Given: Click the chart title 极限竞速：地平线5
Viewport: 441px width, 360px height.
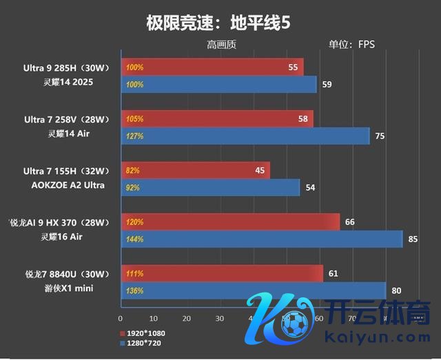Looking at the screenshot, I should point(218,22).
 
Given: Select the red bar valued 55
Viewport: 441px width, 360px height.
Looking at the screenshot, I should point(212,67).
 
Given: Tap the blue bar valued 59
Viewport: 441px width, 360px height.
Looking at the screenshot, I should point(219,85).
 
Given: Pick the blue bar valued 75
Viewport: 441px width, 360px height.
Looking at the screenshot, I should point(245,136).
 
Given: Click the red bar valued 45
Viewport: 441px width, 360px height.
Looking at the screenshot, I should point(196,170).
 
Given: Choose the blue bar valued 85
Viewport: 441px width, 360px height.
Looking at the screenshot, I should point(262,239).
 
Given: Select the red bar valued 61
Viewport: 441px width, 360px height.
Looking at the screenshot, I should point(222,273).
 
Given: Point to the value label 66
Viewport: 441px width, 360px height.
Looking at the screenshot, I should point(350,222).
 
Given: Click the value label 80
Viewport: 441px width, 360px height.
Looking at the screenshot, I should point(396,290).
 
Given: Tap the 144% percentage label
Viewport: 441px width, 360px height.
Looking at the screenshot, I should point(134,240).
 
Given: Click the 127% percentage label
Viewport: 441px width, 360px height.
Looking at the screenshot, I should point(134,136).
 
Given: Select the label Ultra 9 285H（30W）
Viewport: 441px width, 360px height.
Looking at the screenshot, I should point(63,67).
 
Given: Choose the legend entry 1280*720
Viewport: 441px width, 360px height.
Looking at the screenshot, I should point(143,342).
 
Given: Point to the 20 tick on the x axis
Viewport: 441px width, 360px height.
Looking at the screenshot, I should point(186,319).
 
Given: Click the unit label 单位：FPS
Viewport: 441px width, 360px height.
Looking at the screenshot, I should point(351,45).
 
